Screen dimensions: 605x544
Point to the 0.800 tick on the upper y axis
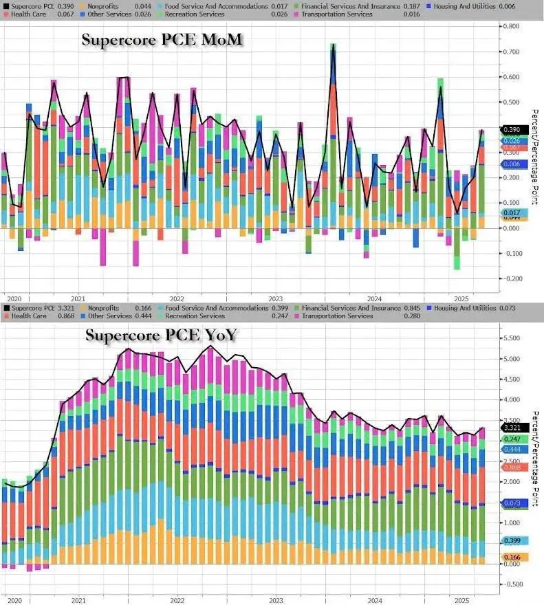click(510, 26)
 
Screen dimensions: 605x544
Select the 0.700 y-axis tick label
click(510, 52)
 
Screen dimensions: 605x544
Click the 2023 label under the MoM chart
click(276, 298)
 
